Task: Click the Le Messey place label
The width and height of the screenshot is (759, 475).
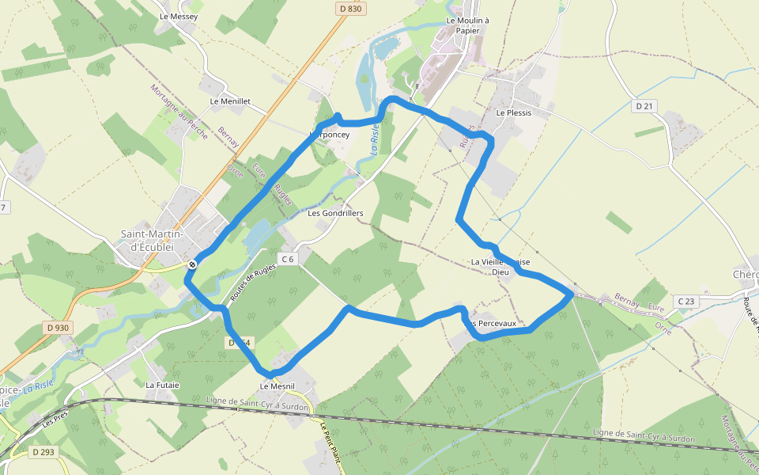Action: (178, 16)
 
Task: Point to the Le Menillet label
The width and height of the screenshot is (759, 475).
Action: (230, 101)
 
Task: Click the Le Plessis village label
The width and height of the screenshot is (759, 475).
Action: (514, 112)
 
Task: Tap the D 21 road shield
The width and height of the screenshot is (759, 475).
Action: (645, 105)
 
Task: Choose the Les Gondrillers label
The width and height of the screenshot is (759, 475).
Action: (335, 213)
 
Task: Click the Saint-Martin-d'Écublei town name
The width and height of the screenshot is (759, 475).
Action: (152, 240)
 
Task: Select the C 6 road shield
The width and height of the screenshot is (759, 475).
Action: (287, 259)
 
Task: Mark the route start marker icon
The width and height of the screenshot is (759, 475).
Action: (192, 264)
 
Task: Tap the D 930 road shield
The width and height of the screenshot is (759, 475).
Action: (58, 327)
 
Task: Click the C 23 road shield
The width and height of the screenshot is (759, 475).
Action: (686, 301)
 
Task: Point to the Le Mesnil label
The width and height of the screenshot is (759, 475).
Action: (277, 386)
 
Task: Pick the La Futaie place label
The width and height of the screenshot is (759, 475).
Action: (162, 385)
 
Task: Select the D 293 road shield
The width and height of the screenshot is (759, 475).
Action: (43, 452)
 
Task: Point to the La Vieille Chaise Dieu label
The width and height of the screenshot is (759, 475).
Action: (501, 267)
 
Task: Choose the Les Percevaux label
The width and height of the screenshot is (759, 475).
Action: (497, 323)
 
